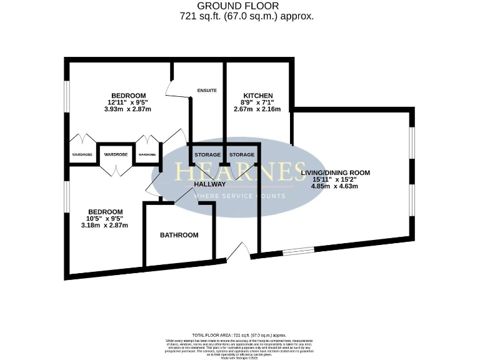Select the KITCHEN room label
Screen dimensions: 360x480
pyautogui.click(x=257, y=96)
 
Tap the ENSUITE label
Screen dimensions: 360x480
pyautogui.click(x=207, y=91)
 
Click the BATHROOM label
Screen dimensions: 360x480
pyautogui.click(x=179, y=235)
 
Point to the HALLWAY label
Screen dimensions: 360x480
pyautogui.click(x=209, y=184)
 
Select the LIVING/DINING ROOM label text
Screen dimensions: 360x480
pyautogui.click(x=335, y=172)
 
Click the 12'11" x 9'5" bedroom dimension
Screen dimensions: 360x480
pyautogui.click(x=128, y=102)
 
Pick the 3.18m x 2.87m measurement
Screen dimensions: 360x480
pyautogui.click(x=104, y=225)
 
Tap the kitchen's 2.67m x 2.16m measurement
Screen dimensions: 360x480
pyautogui.click(x=257, y=109)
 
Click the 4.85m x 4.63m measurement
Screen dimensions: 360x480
pyautogui.click(x=335, y=186)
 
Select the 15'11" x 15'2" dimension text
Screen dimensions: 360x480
pyautogui.click(x=335, y=179)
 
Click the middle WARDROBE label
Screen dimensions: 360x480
pyautogui.click(x=116, y=154)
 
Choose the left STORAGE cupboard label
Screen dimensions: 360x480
pyautogui.click(x=207, y=154)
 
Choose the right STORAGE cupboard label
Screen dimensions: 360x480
pyautogui.click(x=241, y=154)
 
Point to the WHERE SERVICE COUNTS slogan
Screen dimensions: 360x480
pyautogui.click(x=240, y=196)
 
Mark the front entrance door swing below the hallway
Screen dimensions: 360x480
pyautogui.click(x=237, y=252)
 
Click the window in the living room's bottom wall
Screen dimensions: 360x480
pyautogui.click(x=297, y=251)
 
